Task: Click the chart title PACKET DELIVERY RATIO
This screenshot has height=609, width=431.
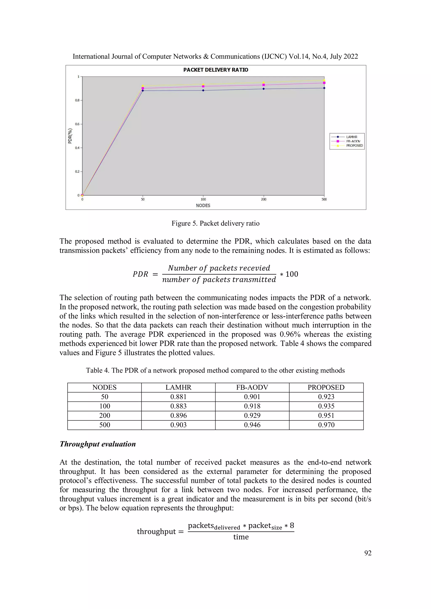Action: coord(216,70)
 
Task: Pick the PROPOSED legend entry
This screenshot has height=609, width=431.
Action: coord(354,146)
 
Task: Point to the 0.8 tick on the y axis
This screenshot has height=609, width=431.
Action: coord(77,100)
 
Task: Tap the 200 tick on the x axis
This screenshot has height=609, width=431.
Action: coord(263,199)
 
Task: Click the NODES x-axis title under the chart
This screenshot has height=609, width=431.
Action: coord(203,206)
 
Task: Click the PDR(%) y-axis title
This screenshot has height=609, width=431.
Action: coord(70,136)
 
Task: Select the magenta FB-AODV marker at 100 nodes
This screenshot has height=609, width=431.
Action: coord(203,86)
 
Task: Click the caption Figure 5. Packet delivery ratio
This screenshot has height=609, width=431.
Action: coord(215,223)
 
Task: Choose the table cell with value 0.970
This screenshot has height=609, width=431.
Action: coord(326,425)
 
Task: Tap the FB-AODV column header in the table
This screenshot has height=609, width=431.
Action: coord(252,387)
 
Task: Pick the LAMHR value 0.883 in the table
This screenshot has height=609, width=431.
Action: coord(178,406)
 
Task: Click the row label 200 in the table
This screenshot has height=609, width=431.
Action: coord(104,416)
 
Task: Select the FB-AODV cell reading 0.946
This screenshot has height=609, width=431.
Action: coord(252,425)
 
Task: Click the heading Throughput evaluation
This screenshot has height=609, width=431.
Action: coord(98,444)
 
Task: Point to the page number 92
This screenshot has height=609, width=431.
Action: coord(368,553)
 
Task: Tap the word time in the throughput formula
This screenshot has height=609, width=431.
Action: coord(241,537)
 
